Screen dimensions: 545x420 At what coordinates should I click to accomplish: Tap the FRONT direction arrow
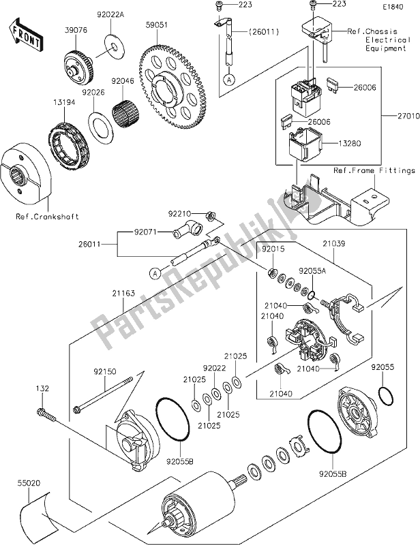tap(22, 30)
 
